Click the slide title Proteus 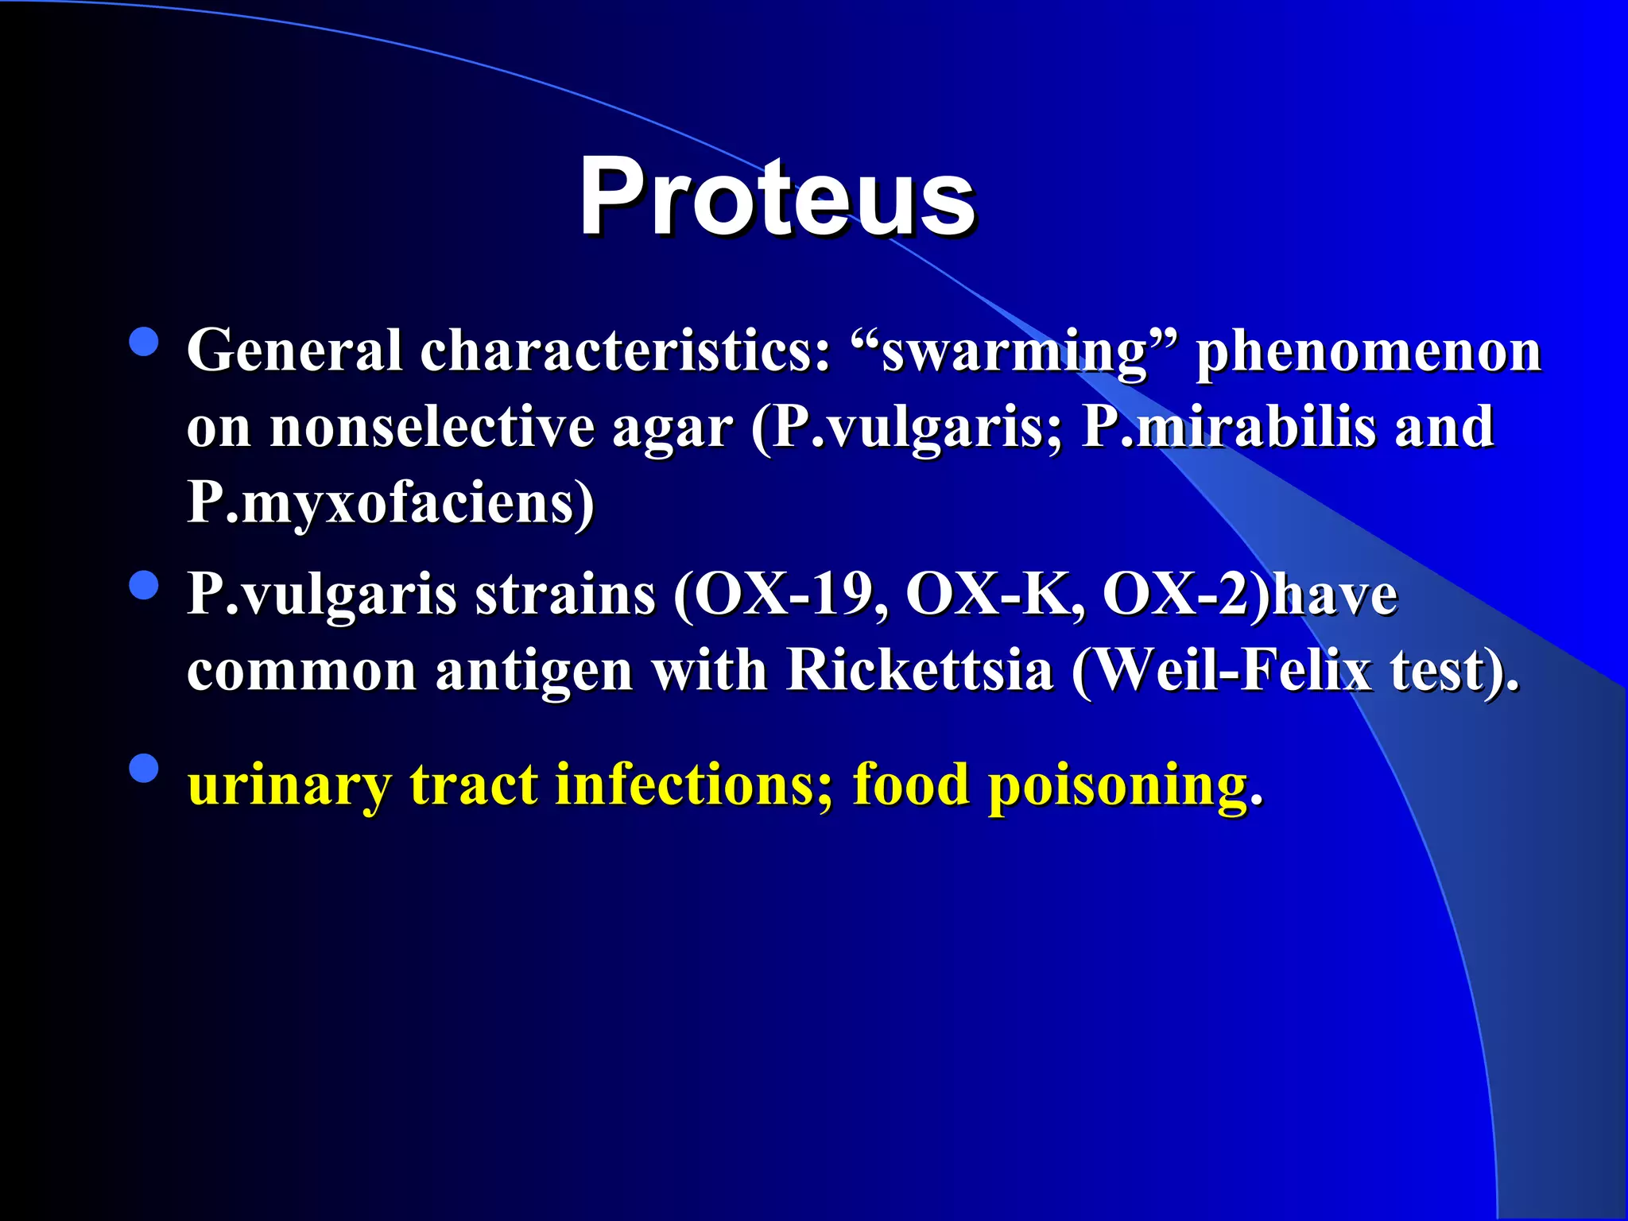[777, 196]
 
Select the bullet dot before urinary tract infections [144, 769]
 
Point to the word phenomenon [1369, 351]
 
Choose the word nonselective [432, 428]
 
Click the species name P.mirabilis [1229, 428]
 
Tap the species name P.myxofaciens [390, 504]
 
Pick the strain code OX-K [994, 595]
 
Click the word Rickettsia [920, 671]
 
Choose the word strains [565, 595]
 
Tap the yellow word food [911, 785]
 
